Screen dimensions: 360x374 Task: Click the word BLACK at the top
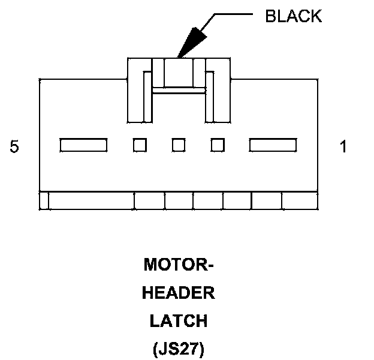(x=293, y=16)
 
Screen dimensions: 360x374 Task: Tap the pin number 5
(x=14, y=146)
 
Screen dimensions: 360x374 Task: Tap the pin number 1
(x=343, y=146)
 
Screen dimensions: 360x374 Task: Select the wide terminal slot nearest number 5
(x=83, y=145)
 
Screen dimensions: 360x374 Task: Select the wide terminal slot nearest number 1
(x=273, y=145)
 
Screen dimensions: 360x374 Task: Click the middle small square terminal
(x=179, y=145)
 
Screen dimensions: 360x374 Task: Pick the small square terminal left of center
(x=140, y=145)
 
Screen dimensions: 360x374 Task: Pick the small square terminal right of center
(x=218, y=145)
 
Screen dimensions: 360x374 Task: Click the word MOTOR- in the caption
(x=179, y=265)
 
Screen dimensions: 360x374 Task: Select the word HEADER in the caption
(x=179, y=293)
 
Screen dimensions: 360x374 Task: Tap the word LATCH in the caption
(x=179, y=321)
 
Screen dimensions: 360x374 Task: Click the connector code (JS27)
(x=179, y=349)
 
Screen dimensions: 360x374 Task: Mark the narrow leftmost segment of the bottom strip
(x=44, y=201)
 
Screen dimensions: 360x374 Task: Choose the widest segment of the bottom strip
(x=91, y=201)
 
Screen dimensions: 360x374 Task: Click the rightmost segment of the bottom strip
(x=300, y=201)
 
